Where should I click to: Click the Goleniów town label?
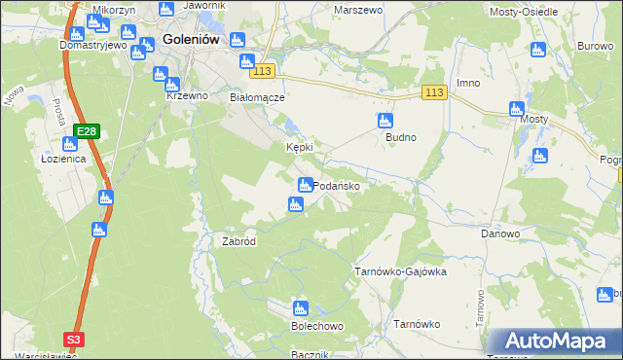pyautogui.click(x=189, y=40)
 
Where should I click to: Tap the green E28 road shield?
pyautogui.click(x=88, y=131)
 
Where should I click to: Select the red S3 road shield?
pyautogui.click(x=74, y=339)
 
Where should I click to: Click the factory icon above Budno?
pyautogui.click(x=385, y=121)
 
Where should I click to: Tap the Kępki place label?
pyautogui.click(x=298, y=148)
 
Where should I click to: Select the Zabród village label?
pyautogui.click(x=238, y=241)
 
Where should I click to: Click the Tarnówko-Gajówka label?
pyautogui.click(x=400, y=272)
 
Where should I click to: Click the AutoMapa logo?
pyautogui.click(x=556, y=342)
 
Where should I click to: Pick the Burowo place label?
pyautogui.click(x=594, y=46)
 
